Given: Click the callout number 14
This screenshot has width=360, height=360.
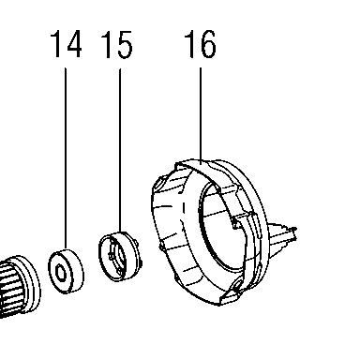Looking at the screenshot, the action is (67, 44).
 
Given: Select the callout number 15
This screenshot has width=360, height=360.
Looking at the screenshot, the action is (117, 44).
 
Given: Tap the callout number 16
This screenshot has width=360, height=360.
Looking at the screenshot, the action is (201, 44).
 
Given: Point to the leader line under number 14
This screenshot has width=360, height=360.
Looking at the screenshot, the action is (66, 158).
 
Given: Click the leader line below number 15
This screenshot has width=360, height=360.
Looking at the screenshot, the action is (120, 150).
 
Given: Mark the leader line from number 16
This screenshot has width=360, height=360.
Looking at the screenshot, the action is (201, 114).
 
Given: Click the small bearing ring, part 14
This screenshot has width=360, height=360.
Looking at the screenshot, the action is (66, 271).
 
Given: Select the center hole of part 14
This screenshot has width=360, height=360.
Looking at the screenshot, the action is (60, 272).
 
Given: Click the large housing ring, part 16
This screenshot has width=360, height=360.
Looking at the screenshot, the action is (209, 232).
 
